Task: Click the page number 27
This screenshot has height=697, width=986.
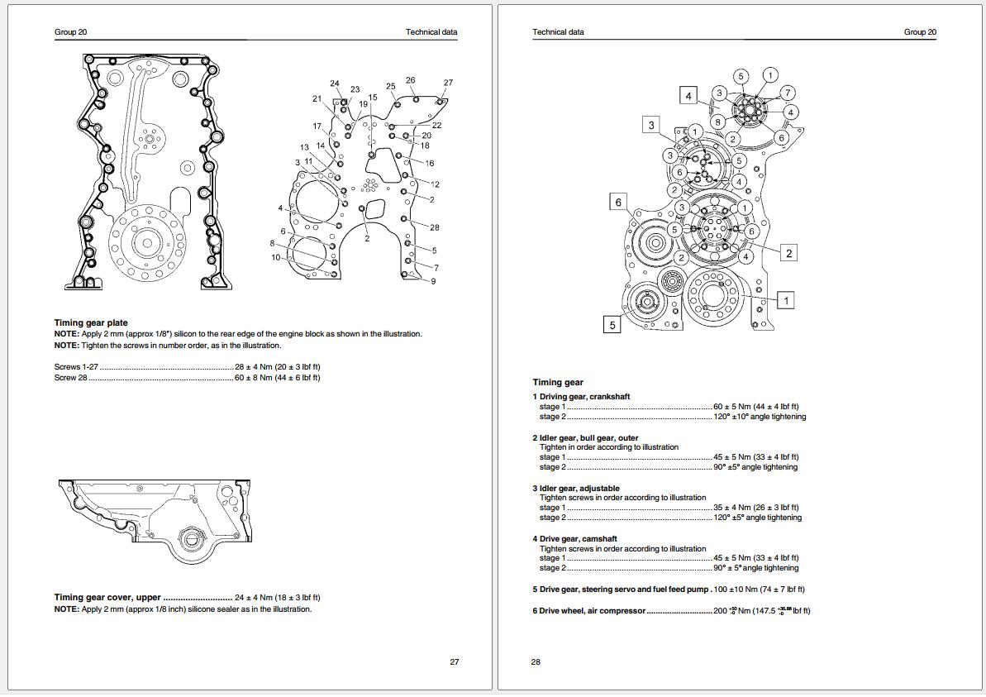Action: [454, 661]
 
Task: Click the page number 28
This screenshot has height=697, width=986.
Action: [536, 661]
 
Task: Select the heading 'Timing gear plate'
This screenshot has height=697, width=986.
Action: [91, 322]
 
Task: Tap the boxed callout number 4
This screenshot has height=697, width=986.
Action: [689, 95]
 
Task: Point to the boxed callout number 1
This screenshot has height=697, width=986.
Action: [785, 300]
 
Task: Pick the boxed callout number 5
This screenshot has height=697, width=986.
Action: [612, 325]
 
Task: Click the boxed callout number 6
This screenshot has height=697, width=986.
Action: [617, 202]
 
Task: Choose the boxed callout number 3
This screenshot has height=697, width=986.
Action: [651, 125]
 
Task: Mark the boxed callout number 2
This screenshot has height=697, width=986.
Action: [788, 253]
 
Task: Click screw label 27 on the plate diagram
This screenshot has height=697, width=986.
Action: [448, 83]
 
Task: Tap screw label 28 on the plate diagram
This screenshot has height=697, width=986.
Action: [434, 227]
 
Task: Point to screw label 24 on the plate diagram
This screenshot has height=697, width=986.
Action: [335, 84]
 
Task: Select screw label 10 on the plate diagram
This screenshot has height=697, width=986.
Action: [276, 257]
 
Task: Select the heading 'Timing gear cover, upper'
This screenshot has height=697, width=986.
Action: [107, 597]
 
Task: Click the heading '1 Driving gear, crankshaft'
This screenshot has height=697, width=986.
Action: [581, 397]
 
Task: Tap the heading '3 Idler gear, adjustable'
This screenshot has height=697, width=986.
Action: [576, 488]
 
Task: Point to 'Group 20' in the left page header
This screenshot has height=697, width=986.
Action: [71, 32]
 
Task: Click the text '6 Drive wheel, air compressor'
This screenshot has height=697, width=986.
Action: [588, 611]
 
